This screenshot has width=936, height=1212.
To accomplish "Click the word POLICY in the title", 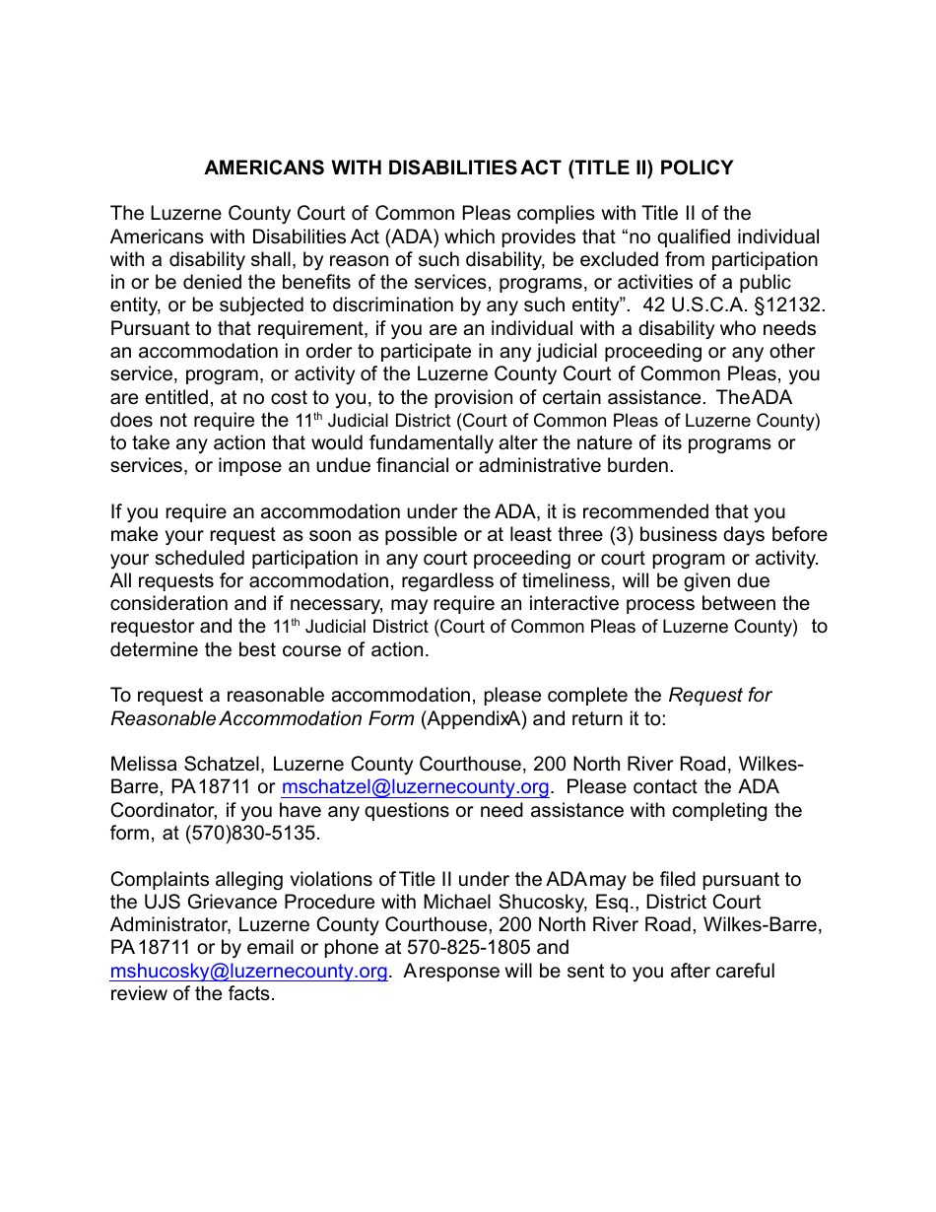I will click(x=697, y=168).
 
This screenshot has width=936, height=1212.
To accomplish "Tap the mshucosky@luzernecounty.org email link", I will click(x=248, y=972).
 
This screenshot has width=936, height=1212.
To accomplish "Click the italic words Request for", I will click(x=720, y=696).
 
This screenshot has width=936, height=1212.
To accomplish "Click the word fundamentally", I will click(x=395, y=443).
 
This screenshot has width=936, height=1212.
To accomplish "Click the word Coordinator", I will click(x=160, y=811).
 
